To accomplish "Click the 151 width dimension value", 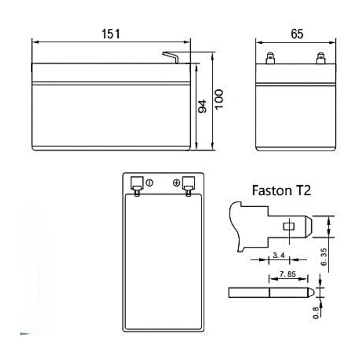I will [111, 34].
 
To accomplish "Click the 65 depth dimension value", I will [297, 34].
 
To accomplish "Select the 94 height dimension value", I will [202, 106].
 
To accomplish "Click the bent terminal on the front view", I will [172, 57].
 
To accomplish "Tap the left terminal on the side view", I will [269, 59].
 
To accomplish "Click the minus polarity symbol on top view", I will [150, 183].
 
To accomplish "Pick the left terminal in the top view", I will [137, 185].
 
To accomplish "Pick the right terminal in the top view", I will [188, 185].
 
